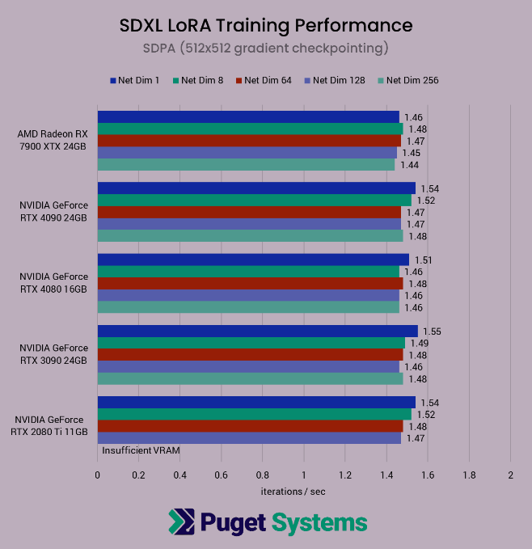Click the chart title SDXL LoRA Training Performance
266,25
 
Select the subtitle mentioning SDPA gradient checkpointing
266,49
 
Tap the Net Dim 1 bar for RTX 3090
257,332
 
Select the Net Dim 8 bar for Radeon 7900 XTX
250,129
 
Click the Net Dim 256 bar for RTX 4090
250,236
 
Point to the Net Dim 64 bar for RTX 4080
250,284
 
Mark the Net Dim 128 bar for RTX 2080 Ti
249,438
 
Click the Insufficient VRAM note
141,450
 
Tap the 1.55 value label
433,332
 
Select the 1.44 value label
409,165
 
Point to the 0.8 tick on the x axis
263,475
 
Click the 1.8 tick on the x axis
469,475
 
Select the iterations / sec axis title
293,491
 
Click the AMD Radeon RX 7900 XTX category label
53,140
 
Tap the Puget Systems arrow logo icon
183,522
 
